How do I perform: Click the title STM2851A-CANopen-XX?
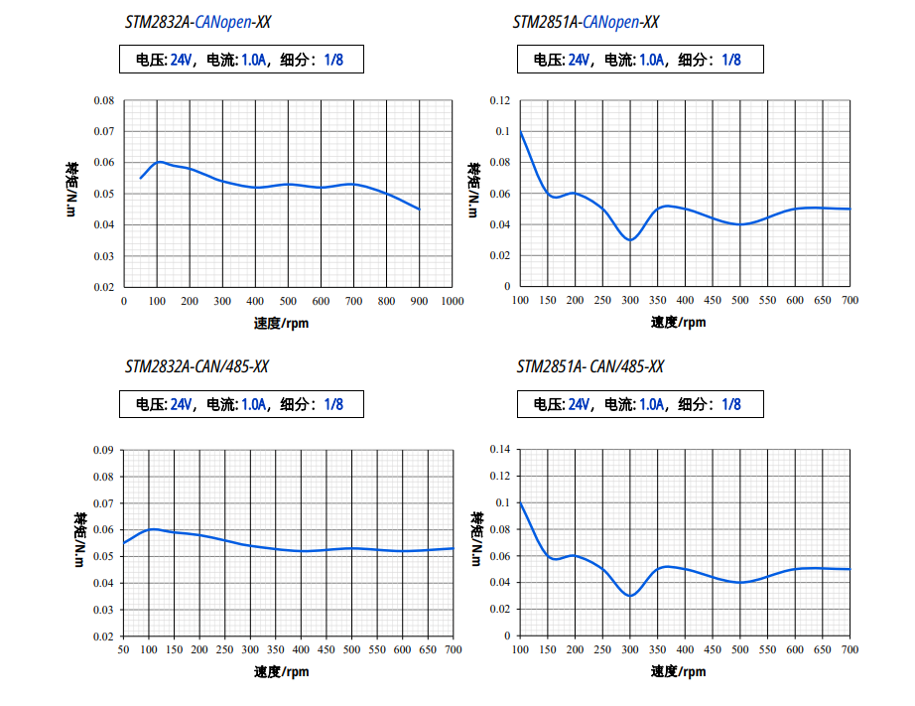click(586, 22)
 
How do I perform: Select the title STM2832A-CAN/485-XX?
click(196, 367)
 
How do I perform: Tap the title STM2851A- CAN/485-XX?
click(590, 367)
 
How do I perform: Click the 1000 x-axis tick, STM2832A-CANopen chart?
click(452, 301)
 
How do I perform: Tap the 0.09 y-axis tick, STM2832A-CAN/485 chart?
click(103, 450)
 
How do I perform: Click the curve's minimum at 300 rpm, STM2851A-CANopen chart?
click(630, 240)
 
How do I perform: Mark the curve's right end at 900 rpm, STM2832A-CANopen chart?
click(419, 210)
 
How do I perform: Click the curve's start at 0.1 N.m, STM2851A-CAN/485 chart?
click(521, 503)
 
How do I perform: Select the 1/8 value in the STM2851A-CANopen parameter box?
click(730, 60)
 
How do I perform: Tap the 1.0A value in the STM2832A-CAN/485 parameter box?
click(254, 404)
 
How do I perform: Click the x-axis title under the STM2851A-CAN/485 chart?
click(679, 672)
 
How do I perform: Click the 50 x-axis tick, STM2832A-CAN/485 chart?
click(123, 649)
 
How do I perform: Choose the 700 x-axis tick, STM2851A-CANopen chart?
click(850, 301)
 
